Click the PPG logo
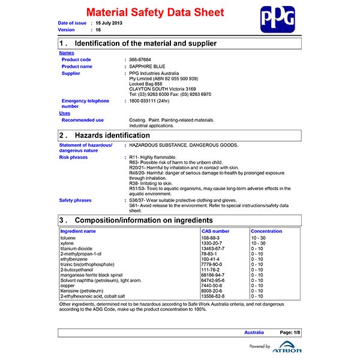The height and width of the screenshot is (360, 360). click(278, 19)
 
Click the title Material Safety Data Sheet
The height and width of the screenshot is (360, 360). click(155, 13)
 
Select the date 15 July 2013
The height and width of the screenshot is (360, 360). click(110, 22)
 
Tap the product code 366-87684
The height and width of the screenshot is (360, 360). click(141, 59)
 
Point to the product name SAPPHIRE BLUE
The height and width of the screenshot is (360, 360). click(148, 67)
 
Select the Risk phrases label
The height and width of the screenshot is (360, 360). click(73, 157)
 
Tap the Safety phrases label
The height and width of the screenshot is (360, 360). click(76, 200)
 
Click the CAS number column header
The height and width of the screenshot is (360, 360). click(215, 231)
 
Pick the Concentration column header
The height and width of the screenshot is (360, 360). click(266, 231)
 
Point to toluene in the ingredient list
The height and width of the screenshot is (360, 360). click(68, 238)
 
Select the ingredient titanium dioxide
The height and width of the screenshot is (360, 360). click(76, 248)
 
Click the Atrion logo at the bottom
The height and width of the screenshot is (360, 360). click(287, 349)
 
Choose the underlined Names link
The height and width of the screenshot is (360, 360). click(67, 53)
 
